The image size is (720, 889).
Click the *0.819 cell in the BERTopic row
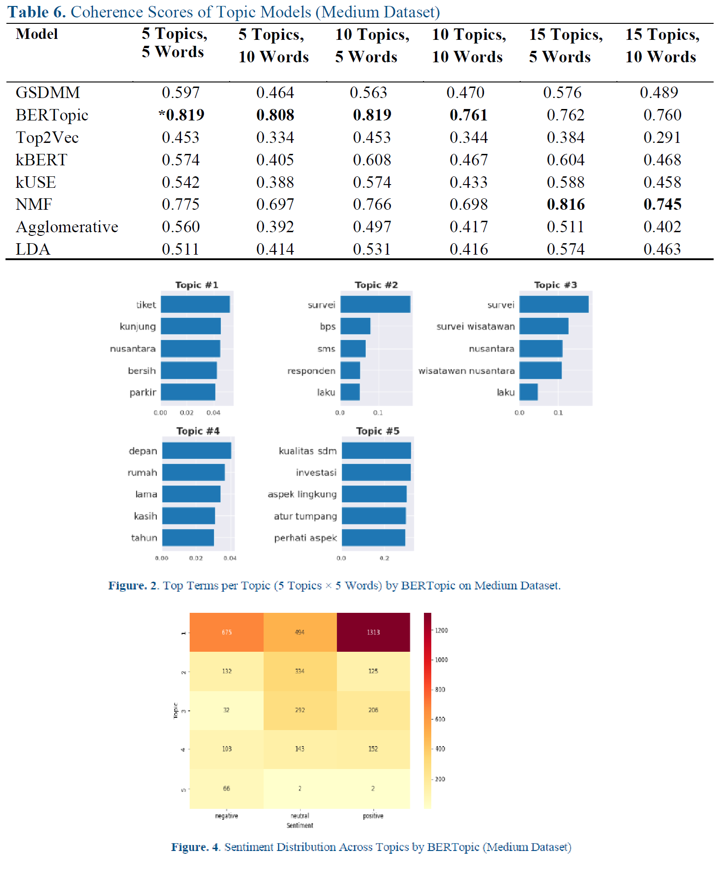coord(181,115)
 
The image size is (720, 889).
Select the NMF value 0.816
coord(566,204)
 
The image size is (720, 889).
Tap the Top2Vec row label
coord(47,137)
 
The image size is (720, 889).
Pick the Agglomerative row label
coord(67,227)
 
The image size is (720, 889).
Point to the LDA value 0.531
coord(372,249)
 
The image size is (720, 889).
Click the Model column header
coord(37,34)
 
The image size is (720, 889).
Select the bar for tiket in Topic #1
coord(195,305)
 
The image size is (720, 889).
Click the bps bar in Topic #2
coord(355,326)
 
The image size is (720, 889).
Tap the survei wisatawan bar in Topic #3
coord(544,326)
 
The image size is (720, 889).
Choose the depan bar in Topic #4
coord(197,451)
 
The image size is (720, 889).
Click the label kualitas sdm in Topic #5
coord(308,451)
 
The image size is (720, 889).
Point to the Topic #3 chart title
coord(555,285)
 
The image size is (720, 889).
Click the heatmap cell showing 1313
coord(373,632)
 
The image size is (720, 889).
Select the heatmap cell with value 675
coord(226,632)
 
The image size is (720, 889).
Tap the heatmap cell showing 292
coord(300,710)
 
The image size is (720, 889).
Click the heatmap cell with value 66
coord(226,788)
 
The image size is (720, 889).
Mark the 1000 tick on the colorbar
coord(441,660)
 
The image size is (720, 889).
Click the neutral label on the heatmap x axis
coord(300,816)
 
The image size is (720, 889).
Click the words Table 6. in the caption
coord(37,12)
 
